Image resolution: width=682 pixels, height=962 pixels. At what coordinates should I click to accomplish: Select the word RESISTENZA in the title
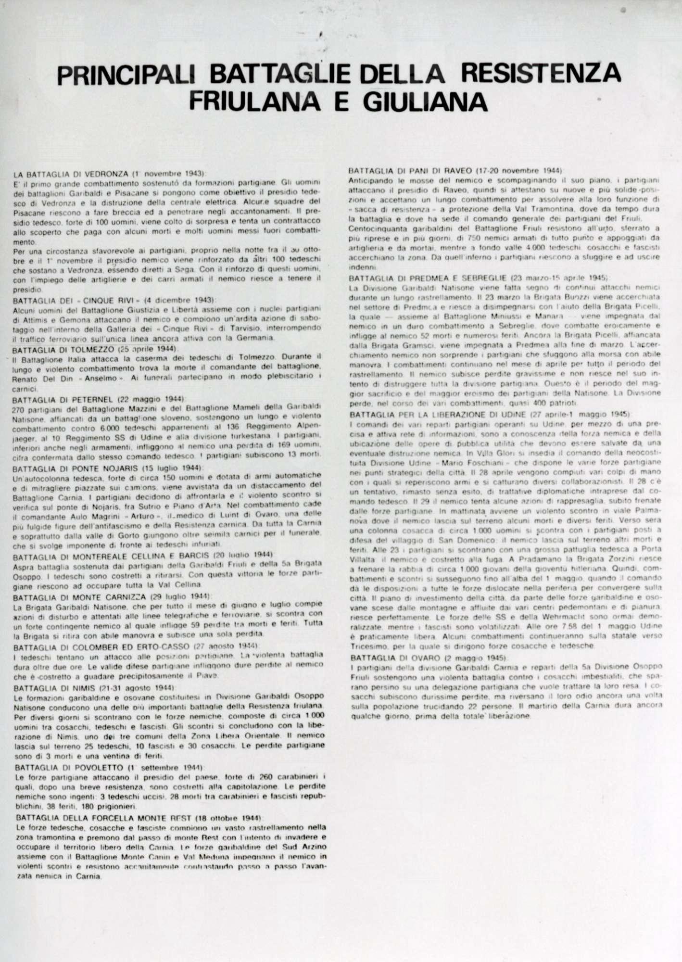(541, 75)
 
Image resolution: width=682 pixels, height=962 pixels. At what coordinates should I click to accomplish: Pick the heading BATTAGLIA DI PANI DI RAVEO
(410, 171)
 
